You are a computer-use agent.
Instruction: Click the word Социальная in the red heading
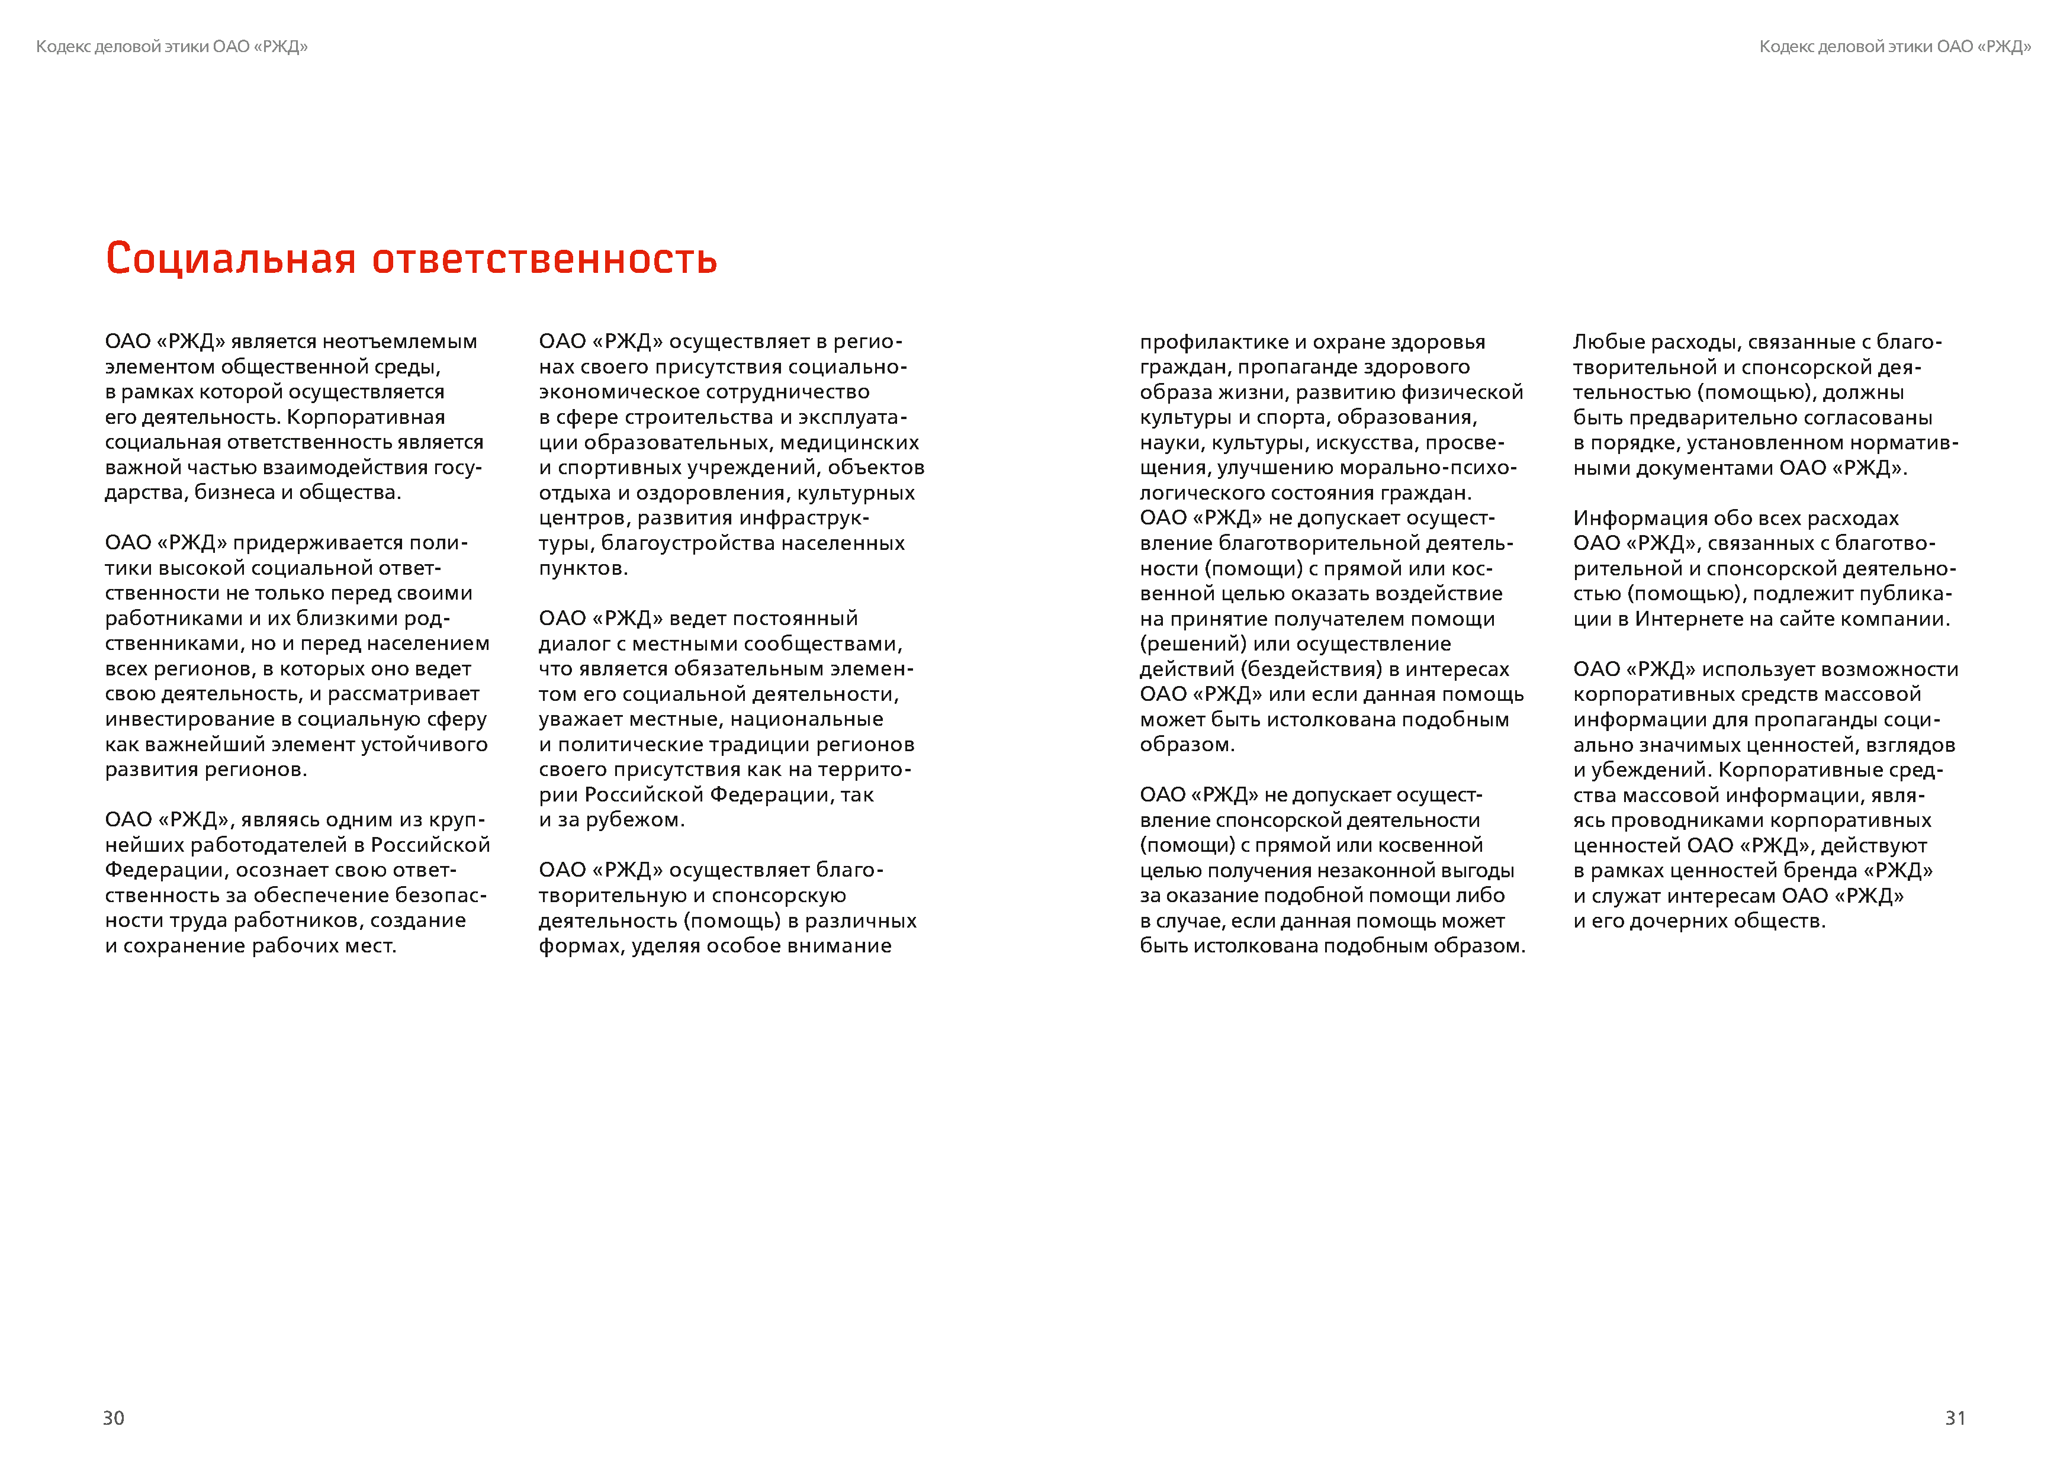pyautogui.click(x=230, y=259)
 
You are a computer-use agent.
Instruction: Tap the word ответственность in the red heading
pyautogui.click(x=545, y=259)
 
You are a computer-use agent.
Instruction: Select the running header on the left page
pyautogui.click(x=172, y=47)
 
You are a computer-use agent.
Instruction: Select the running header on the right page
pyautogui.click(x=1895, y=47)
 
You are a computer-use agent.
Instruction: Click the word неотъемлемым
pyautogui.click(x=400, y=342)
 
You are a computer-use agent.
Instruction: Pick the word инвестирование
pyautogui.click(x=190, y=720)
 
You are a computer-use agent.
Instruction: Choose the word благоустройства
pyautogui.click(x=688, y=543)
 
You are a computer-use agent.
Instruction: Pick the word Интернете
pyautogui.click(x=1687, y=619)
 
